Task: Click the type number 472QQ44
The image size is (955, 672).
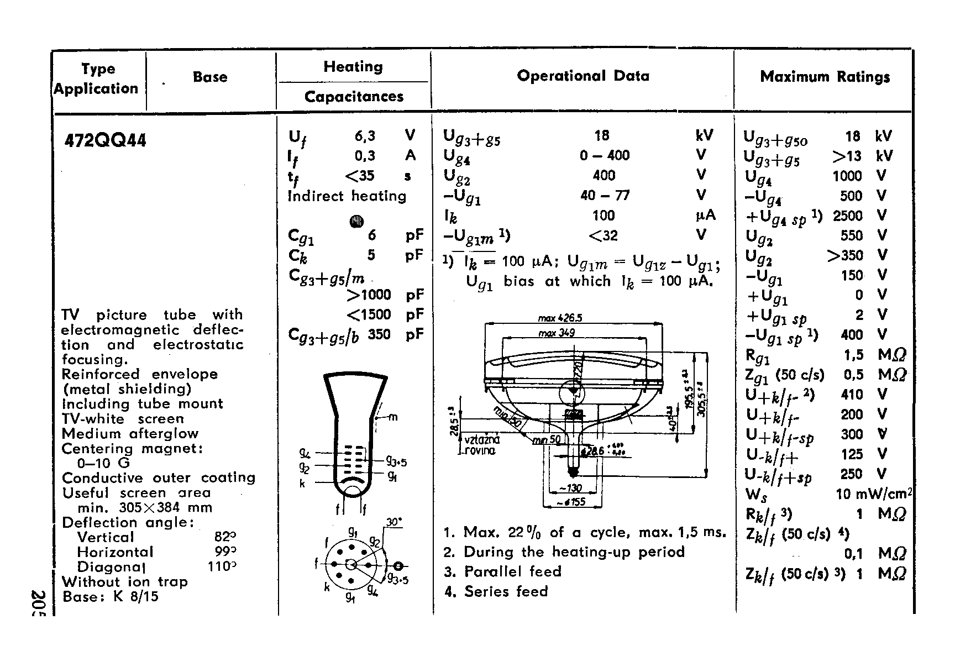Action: pyautogui.click(x=106, y=140)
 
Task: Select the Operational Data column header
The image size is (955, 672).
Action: pyautogui.click(x=583, y=76)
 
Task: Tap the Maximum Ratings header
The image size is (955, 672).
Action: pyautogui.click(x=825, y=77)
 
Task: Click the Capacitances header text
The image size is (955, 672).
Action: pyautogui.click(x=354, y=97)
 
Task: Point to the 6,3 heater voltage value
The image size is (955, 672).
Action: pyautogui.click(x=365, y=136)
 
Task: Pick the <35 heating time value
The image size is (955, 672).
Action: pyautogui.click(x=360, y=176)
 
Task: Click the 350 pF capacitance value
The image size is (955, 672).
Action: pyautogui.click(x=379, y=334)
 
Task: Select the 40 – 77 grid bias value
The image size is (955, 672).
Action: pyautogui.click(x=604, y=195)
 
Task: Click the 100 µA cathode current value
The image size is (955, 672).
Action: pyautogui.click(x=603, y=216)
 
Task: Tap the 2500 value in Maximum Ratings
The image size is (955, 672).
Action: pyautogui.click(x=847, y=216)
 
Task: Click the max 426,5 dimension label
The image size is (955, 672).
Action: pyautogui.click(x=560, y=318)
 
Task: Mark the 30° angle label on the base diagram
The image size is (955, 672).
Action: pyautogui.click(x=394, y=522)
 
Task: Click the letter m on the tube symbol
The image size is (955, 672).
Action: pyautogui.click(x=393, y=417)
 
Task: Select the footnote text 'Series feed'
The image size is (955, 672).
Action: pyautogui.click(x=506, y=591)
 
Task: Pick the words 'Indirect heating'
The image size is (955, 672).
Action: pyautogui.click(x=347, y=196)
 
